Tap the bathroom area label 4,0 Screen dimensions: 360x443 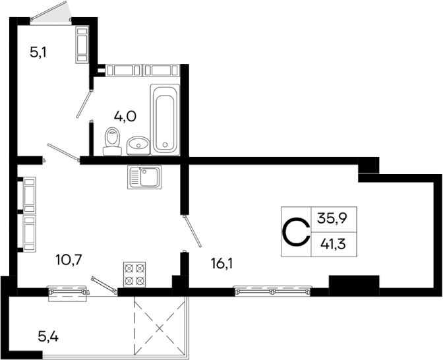point(125,117)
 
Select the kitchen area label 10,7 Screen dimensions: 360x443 point(69,258)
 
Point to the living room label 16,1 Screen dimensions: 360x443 point(221,264)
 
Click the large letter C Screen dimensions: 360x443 point(296,231)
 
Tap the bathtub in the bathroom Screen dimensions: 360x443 point(165,118)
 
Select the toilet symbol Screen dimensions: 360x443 point(112,140)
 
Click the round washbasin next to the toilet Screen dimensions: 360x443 point(138,143)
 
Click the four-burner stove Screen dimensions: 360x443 point(134,274)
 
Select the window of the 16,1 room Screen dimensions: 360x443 point(272,289)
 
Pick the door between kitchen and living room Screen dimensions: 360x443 point(192,231)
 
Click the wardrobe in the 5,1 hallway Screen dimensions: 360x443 point(83,44)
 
